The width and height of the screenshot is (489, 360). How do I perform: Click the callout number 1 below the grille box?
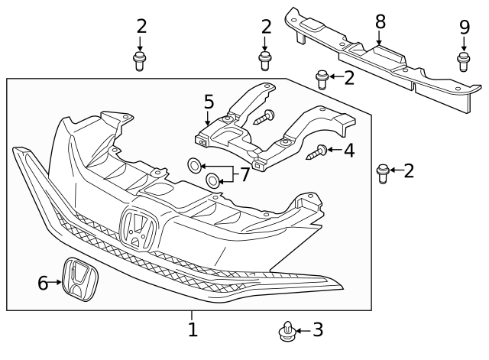click(193, 330)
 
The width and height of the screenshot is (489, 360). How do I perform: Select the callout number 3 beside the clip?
click(318, 330)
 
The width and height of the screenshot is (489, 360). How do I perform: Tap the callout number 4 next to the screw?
click(348, 151)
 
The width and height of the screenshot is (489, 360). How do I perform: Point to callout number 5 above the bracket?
click(209, 102)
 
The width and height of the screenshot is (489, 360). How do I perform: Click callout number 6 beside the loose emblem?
click(43, 283)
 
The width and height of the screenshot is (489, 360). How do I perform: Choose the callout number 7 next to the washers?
click(244, 175)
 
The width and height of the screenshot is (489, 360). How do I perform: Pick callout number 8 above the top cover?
click(380, 21)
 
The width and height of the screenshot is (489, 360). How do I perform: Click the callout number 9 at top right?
click(464, 27)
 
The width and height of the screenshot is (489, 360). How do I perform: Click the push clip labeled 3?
click(287, 331)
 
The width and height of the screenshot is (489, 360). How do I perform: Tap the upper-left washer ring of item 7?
click(195, 164)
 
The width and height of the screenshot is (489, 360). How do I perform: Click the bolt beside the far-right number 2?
click(384, 174)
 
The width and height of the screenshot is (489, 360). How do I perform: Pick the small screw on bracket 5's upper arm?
click(267, 116)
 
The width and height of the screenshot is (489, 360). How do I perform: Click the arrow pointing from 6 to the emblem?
click(57, 283)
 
